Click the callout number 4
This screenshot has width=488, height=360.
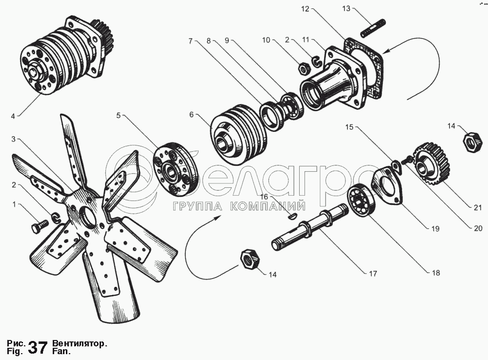click(x=13, y=116)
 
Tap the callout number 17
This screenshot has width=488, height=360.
click(x=372, y=274)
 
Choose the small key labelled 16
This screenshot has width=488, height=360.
click(x=293, y=214)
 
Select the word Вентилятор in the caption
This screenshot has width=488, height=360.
click(x=79, y=343)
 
